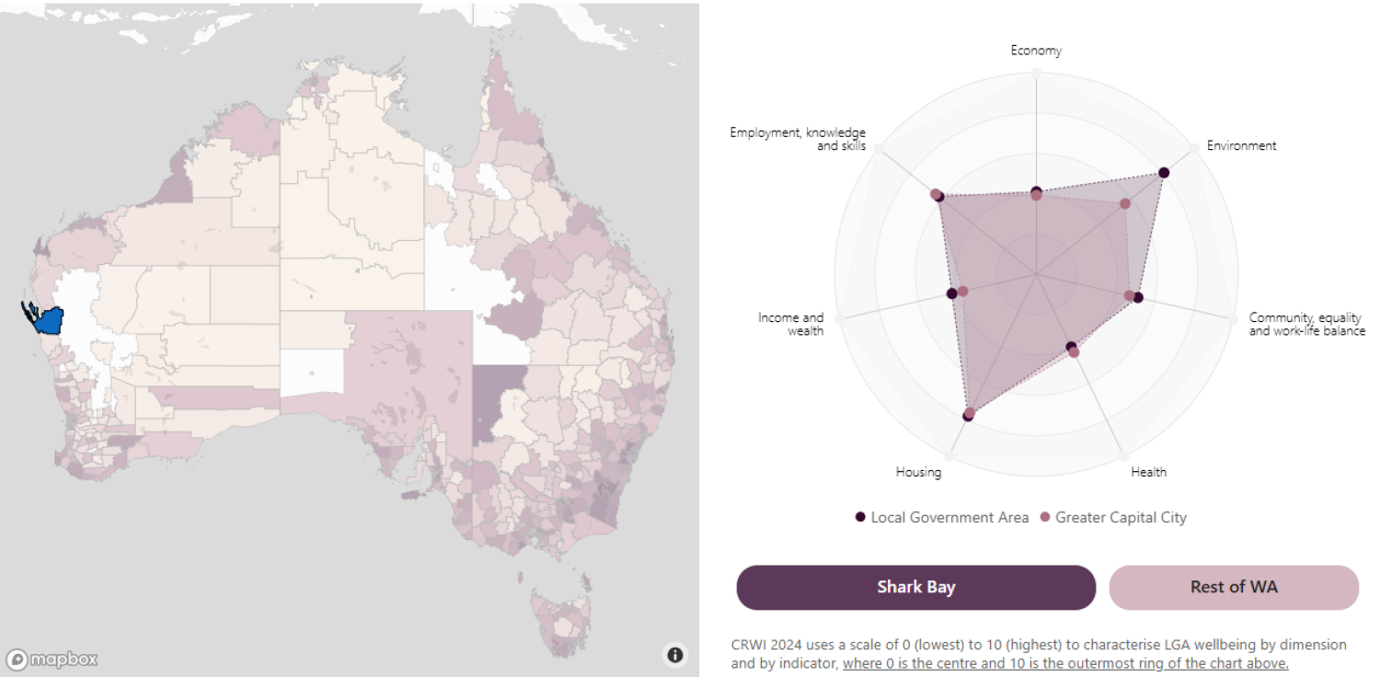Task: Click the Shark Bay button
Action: [x=915, y=587]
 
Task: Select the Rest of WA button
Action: [x=1233, y=587]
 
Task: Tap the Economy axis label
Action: [x=1036, y=51]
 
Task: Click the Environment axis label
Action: [x=1241, y=145]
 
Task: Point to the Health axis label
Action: [x=1148, y=472]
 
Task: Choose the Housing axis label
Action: [x=918, y=472]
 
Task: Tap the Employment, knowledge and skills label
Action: [x=798, y=139]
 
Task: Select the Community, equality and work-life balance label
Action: [x=1306, y=324]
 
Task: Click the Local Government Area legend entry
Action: [x=949, y=517]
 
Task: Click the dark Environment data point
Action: [x=1164, y=172]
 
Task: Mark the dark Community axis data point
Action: [x=1138, y=297]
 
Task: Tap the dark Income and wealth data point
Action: [x=951, y=294]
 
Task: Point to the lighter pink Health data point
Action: [x=1074, y=352]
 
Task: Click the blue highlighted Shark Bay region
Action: [x=46, y=320]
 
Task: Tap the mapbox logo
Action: [x=52, y=659]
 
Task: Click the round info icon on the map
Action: [x=675, y=655]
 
